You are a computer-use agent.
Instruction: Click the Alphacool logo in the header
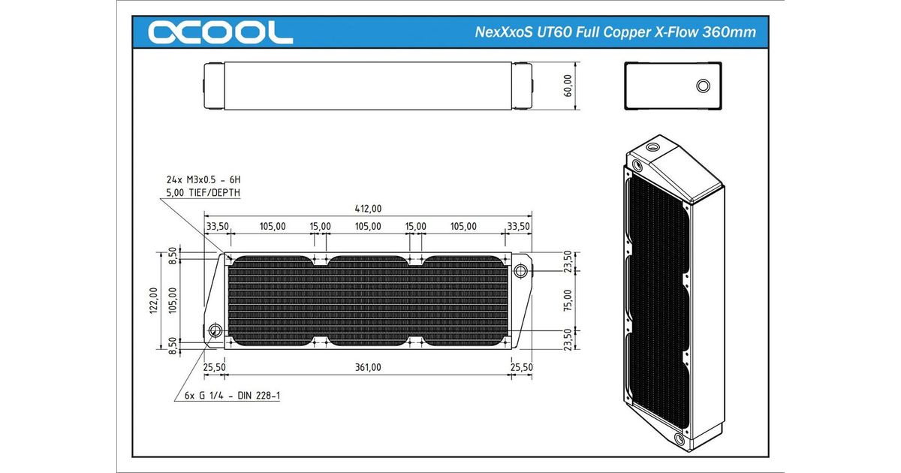(220, 32)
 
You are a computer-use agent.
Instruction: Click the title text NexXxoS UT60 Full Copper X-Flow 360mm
(615, 32)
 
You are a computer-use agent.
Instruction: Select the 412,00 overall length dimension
(368, 209)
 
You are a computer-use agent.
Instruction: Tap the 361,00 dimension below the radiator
(368, 367)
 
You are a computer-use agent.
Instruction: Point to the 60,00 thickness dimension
(568, 86)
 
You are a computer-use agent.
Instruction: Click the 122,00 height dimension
(153, 300)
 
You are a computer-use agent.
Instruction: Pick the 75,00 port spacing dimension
(568, 301)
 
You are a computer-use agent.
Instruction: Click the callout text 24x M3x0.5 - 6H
(203, 179)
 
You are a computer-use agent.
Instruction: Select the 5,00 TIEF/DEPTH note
(203, 193)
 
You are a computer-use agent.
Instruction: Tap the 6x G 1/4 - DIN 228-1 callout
(232, 396)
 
